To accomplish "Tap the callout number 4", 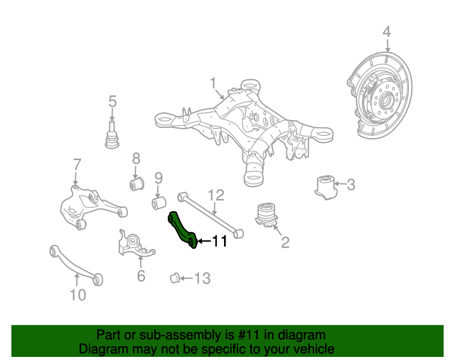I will pos(387,31).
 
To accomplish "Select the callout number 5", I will pos(112,102).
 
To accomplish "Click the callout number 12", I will pos(215,194).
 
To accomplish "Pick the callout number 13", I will pos(203,278).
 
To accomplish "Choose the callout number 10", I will pos(77,294).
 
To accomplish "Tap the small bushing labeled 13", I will pos(174,276).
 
